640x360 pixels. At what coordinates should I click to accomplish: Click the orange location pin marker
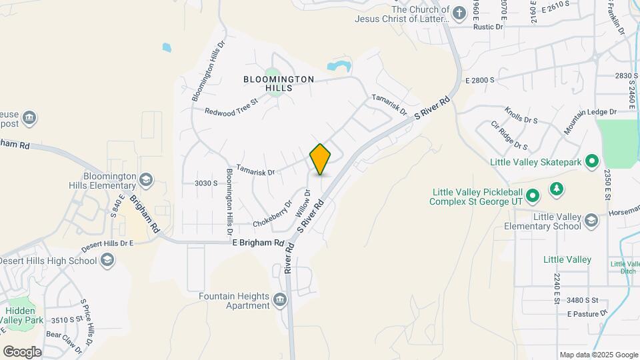321,159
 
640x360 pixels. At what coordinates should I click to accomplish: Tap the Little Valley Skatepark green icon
591,161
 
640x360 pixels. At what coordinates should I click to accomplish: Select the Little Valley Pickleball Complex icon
532,196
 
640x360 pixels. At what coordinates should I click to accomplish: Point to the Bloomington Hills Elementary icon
146,179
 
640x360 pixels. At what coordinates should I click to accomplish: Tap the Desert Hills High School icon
107,260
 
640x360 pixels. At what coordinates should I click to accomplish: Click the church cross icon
459,13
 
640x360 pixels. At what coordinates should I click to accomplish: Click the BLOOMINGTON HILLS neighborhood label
279,83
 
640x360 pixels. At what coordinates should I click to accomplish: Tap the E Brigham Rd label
258,243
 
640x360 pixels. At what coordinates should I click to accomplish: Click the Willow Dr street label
303,203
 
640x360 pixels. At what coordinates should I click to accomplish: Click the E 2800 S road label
480,80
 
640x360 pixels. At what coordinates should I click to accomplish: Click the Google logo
22,351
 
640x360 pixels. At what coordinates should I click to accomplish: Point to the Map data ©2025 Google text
598,355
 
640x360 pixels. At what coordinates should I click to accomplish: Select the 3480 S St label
583,301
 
